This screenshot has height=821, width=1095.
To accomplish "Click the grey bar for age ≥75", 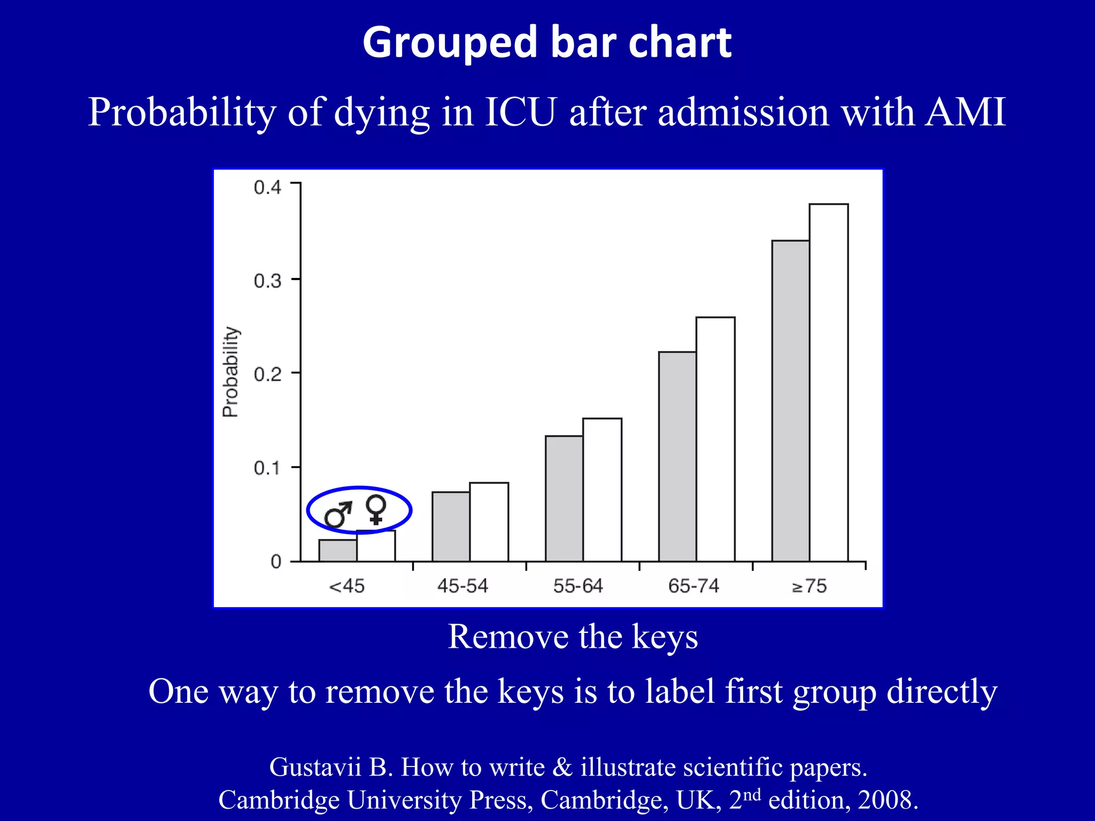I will coord(790,401).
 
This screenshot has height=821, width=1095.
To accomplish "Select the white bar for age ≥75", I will coord(829,382).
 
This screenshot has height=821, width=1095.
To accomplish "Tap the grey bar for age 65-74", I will coord(677,456).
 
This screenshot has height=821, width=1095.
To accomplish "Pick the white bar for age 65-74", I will coord(715,439).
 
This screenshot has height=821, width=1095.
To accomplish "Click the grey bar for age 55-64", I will coord(564,498).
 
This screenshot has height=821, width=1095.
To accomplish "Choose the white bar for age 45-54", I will coord(489,522).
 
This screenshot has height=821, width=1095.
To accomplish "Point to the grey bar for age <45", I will coord(338,551).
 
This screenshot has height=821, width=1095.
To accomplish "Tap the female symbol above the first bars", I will coord(376,509).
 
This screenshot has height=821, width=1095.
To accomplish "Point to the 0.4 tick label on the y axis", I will coord(267,188).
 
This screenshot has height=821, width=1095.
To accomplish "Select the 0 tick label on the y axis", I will coord(276,562).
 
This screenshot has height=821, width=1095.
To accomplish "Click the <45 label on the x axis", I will coord(346,586).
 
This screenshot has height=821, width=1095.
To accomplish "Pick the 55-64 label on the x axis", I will coord(578,586).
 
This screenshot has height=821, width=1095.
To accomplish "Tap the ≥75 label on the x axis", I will coord(809,586).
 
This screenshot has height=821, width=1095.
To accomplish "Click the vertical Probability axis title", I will coord(230,372).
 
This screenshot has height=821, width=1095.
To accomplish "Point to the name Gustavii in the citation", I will coord(315,767).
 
